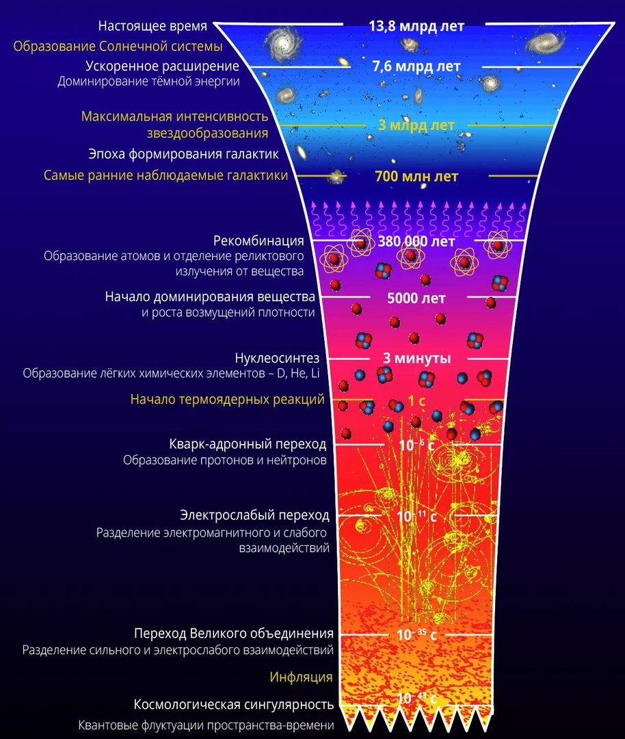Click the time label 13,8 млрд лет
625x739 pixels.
[x=416, y=26]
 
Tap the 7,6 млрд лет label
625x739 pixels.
[x=416, y=66]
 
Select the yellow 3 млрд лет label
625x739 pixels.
[x=416, y=125]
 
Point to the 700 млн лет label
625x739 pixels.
[x=416, y=177]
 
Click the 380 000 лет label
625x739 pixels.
[x=416, y=242]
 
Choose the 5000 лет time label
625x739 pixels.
[x=416, y=298]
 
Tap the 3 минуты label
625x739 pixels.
[x=417, y=358]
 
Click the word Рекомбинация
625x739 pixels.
[x=258, y=241]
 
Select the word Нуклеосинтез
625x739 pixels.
[x=277, y=358]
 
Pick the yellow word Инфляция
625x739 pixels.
[x=301, y=677]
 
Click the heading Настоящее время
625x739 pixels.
[x=152, y=26]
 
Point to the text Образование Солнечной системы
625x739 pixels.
[x=118, y=47]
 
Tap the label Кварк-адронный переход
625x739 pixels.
[x=248, y=444]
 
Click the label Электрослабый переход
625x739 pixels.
[x=255, y=515]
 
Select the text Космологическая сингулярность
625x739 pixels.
[x=234, y=705]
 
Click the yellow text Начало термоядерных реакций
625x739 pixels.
[x=228, y=400]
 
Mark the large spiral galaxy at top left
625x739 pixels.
[x=284, y=42]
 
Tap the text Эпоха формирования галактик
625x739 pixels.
[x=184, y=154]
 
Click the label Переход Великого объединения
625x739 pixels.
[x=234, y=634]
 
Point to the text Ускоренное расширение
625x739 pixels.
[x=163, y=66]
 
